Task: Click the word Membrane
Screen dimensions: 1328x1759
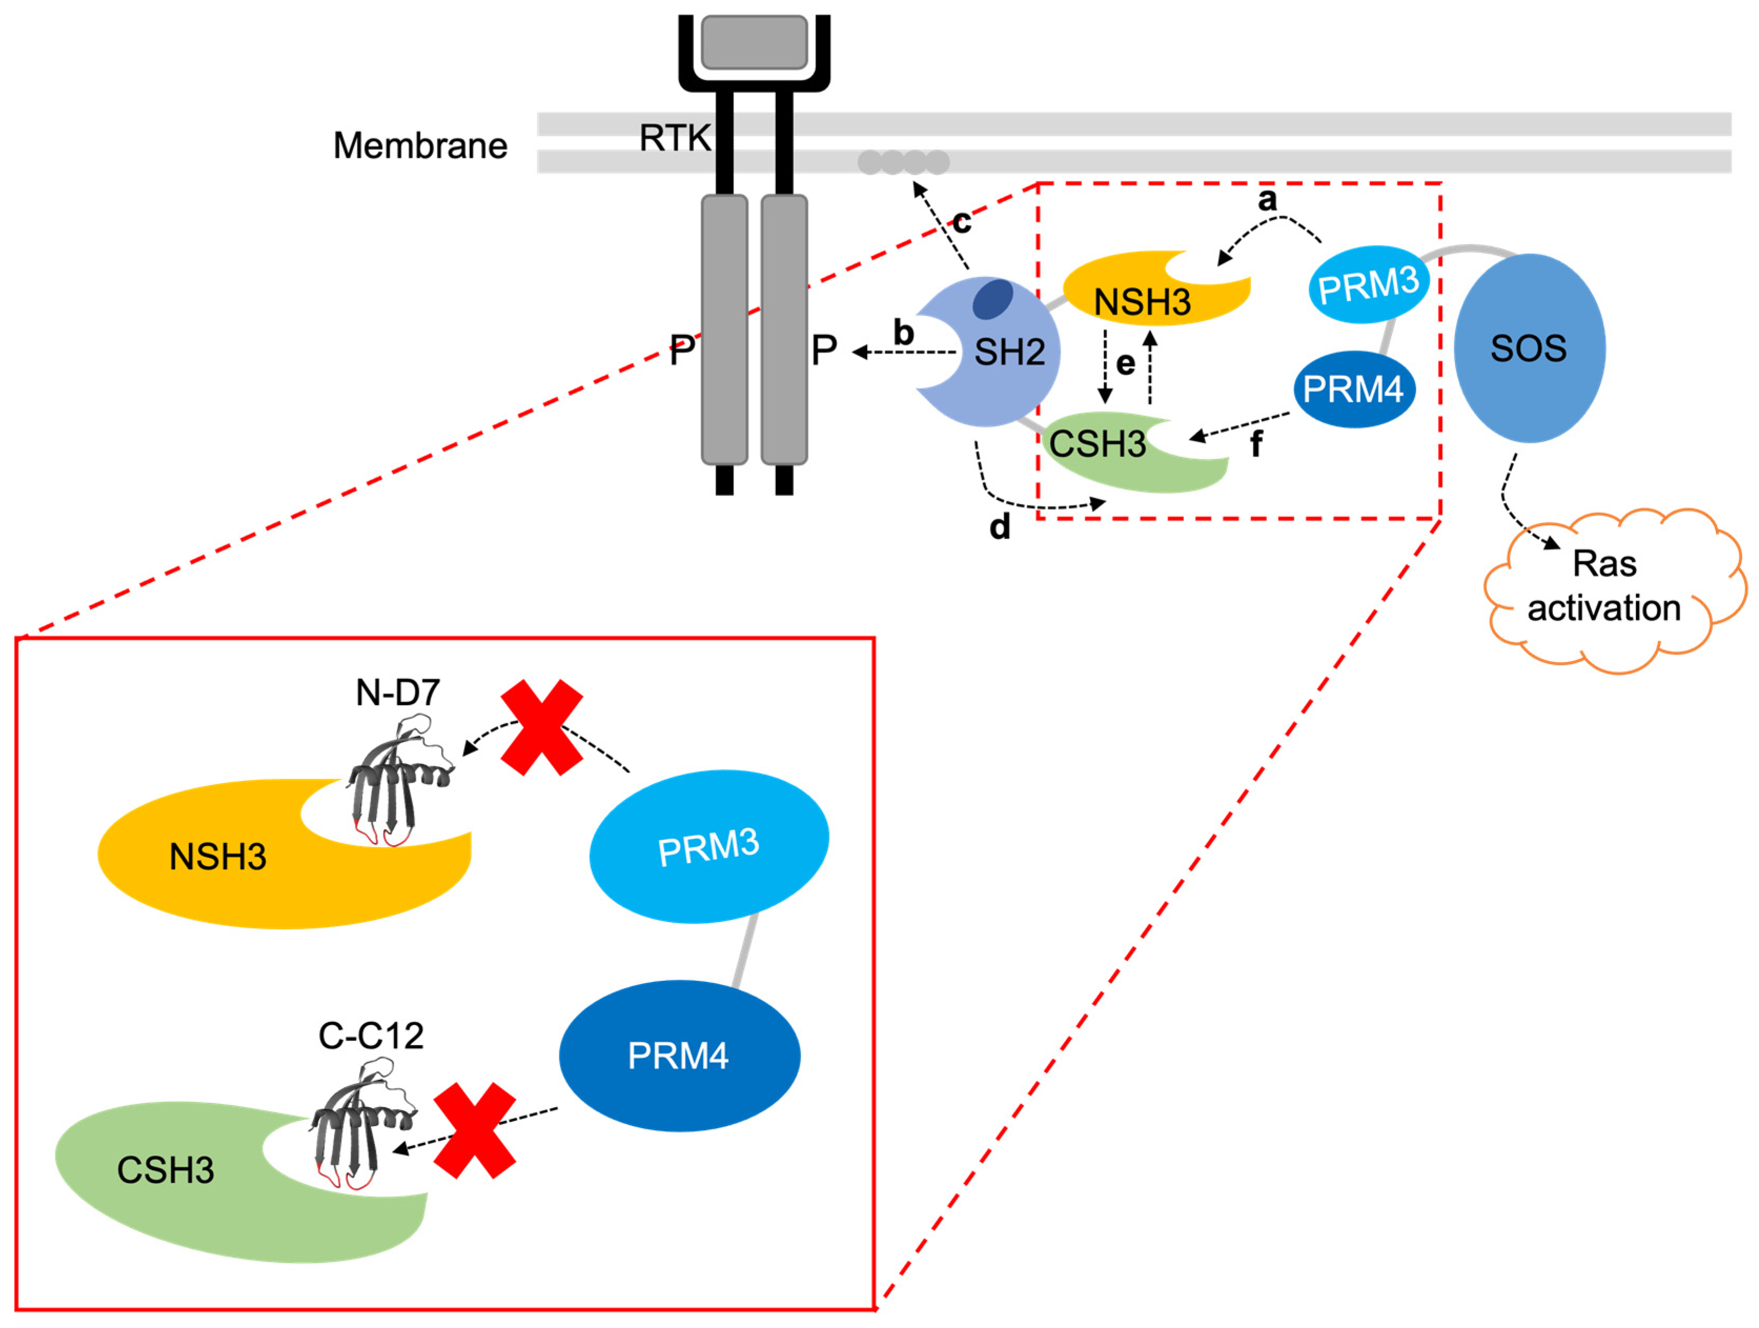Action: click(x=420, y=146)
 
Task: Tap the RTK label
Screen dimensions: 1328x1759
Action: click(x=674, y=138)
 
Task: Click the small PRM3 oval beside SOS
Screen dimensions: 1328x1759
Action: click(x=1368, y=284)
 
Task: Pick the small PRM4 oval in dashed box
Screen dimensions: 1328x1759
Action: click(x=1354, y=389)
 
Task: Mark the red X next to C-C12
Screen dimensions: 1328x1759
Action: click(x=475, y=1130)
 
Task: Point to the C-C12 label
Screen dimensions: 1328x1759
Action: click(x=371, y=1035)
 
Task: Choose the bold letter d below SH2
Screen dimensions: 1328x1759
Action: click(x=999, y=527)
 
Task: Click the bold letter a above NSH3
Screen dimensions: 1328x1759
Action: click(x=1267, y=199)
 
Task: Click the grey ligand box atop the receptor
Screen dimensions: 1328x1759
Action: click(x=754, y=42)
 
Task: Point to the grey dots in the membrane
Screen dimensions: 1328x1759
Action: click(x=903, y=163)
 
